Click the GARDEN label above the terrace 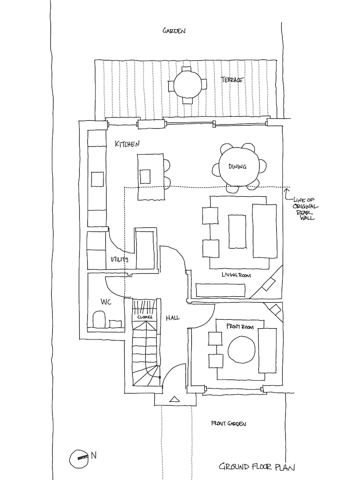click(174, 31)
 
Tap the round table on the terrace click(187, 84)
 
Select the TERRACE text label click(232, 80)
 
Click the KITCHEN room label click(127, 144)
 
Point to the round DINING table click(238, 167)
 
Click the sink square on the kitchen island click(145, 176)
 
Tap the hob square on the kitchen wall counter click(98, 179)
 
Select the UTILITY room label click(120, 260)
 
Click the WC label click(106, 301)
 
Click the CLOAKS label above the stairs click(145, 317)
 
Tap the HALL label click(172, 318)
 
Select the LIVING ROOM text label click(236, 275)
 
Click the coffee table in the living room click(237, 231)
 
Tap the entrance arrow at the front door click(175, 399)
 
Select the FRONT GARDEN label click(229, 424)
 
